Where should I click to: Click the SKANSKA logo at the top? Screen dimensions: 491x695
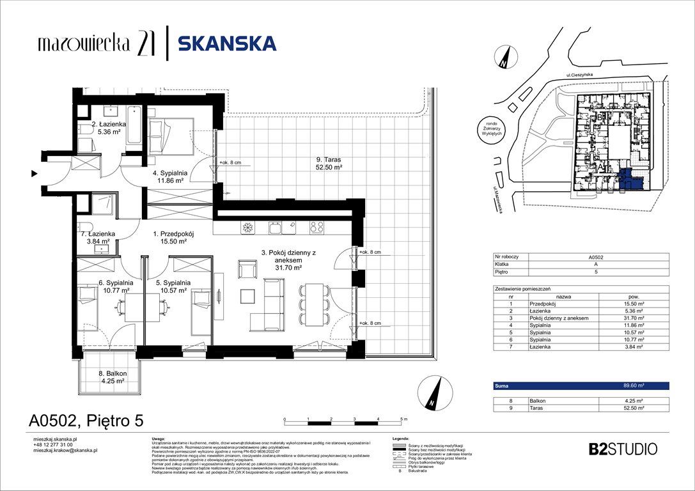[x=227, y=43]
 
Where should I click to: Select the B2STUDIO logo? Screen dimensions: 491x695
[x=623, y=448]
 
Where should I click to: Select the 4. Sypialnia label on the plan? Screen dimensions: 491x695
[x=169, y=176]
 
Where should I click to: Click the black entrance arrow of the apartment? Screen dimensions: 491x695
[x=33, y=173]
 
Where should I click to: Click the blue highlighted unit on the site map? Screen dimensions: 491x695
[x=629, y=181]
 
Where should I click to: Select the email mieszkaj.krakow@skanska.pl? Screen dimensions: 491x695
[x=65, y=451]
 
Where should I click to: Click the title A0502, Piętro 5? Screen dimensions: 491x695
[x=86, y=420]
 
